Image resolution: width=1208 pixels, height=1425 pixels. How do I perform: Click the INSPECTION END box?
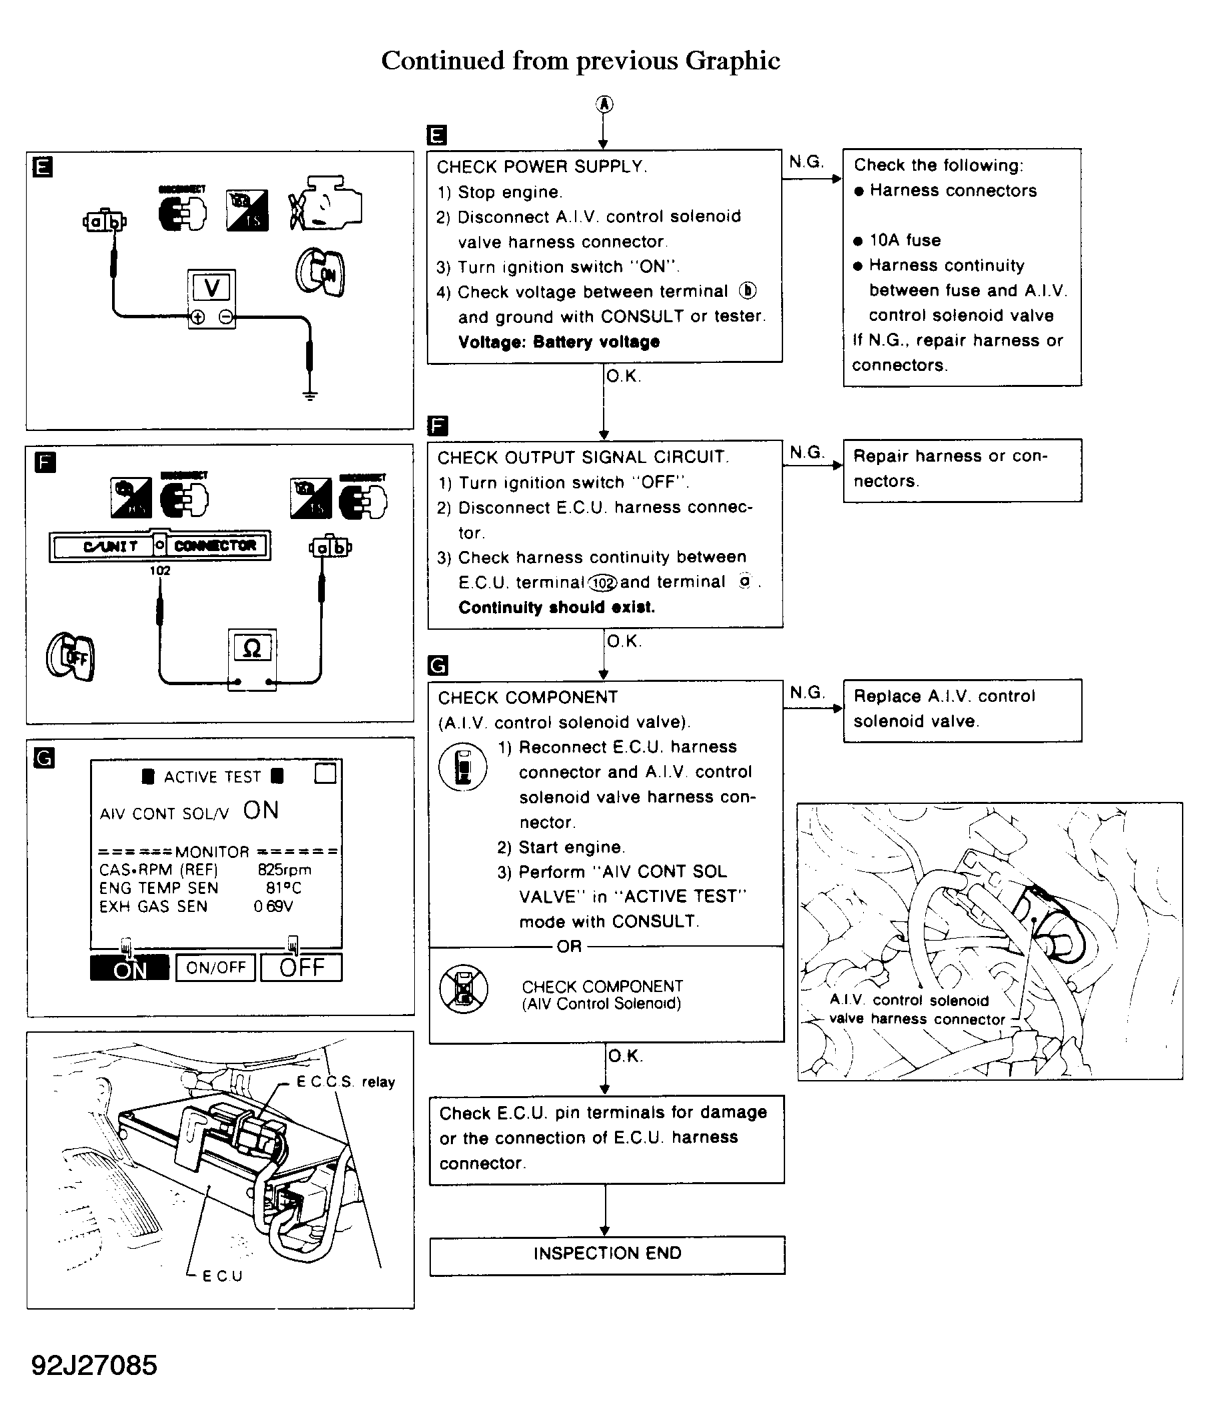[607, 1254]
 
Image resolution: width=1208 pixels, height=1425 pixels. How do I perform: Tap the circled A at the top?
[603, 104]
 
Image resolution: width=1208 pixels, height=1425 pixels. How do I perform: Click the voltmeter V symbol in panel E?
[211, 288]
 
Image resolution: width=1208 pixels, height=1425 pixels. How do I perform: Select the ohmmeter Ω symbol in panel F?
[252, 648]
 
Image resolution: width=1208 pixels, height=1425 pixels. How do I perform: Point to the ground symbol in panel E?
[310, 395]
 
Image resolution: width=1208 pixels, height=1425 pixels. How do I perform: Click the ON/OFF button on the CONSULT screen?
[215, 967]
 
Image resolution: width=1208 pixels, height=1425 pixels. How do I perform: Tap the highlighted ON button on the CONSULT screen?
[129, 968]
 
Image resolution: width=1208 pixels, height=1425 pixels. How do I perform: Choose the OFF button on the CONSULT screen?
[301, 967]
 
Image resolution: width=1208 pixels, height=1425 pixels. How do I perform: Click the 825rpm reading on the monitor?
[284, 870]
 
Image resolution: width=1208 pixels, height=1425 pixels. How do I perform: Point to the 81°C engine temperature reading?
[283, 888]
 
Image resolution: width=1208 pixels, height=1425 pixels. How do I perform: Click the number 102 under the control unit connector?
[160, 570]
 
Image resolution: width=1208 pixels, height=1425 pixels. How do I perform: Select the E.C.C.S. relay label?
[345, 1082]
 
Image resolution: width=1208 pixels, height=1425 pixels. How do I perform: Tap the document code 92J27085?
[95, 1365]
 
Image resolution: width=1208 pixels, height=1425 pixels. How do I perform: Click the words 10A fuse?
[904, 240]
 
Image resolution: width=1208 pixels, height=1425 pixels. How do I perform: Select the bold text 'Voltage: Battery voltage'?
[558, 342]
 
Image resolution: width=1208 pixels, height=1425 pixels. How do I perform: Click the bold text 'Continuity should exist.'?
[556, 607]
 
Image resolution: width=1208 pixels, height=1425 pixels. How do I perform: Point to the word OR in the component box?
[569, 947]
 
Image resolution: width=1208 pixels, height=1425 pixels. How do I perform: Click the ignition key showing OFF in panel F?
[71, 656]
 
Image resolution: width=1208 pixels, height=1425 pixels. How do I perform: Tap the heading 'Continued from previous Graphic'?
[581, 61]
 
